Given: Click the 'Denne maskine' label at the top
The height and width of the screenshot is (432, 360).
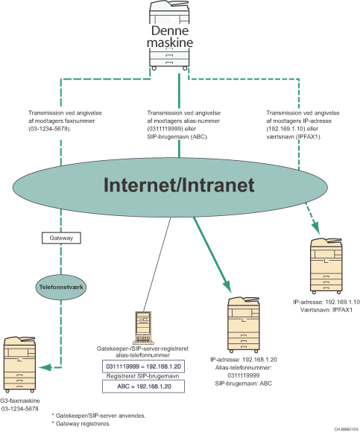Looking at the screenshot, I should point(170,39).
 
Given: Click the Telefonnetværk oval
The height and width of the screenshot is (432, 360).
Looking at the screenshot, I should point(60,283).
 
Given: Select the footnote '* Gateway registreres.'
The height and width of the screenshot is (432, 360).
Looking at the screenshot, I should point(80,423).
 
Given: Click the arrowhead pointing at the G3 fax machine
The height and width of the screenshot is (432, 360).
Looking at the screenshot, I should point(48,366).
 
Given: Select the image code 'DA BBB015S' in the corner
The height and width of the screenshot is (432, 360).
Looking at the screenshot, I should point(341,428).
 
